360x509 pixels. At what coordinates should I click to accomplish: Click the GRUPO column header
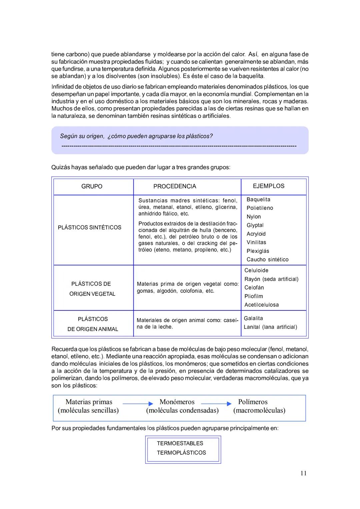click(x=92, y=187)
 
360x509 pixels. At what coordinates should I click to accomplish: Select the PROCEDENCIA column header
click(x=175, y=187)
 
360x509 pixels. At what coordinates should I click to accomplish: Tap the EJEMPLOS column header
click(x=268, y=186)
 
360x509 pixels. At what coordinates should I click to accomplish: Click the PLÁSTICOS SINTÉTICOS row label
click(x=89, y=228)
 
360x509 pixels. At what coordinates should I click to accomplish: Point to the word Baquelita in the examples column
click(x=258, y=200)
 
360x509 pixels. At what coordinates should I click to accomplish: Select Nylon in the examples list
click(x=254, y=217)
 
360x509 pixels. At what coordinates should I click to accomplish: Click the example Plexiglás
click(x=258, y=251)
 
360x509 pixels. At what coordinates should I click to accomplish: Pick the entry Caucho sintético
click(x=267, y=260)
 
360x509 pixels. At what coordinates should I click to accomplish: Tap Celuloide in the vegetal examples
click(x=256, y=270)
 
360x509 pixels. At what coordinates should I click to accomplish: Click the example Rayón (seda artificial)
click(x=271, y=279)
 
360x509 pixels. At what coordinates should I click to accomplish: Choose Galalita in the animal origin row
click(x=253, y=318)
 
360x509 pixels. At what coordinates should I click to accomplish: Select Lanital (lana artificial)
click(x=270, y=327)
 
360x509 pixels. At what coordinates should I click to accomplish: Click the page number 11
click(x=303, y=473)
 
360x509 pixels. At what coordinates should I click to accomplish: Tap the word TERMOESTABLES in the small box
click(x=180, y=443)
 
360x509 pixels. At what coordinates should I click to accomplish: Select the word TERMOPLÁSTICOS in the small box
click(x=181, y=453)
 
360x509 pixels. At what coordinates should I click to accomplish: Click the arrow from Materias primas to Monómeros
click(x=138, y=404)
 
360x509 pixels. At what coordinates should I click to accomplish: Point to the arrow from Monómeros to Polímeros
click(x=216, y=404)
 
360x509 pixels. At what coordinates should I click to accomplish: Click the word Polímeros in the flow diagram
click(x=253, y=402)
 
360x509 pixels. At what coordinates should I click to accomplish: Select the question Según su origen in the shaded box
click(x=136, y=136)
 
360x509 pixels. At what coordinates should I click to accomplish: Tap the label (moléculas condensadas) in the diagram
click(x=182, y=410)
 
